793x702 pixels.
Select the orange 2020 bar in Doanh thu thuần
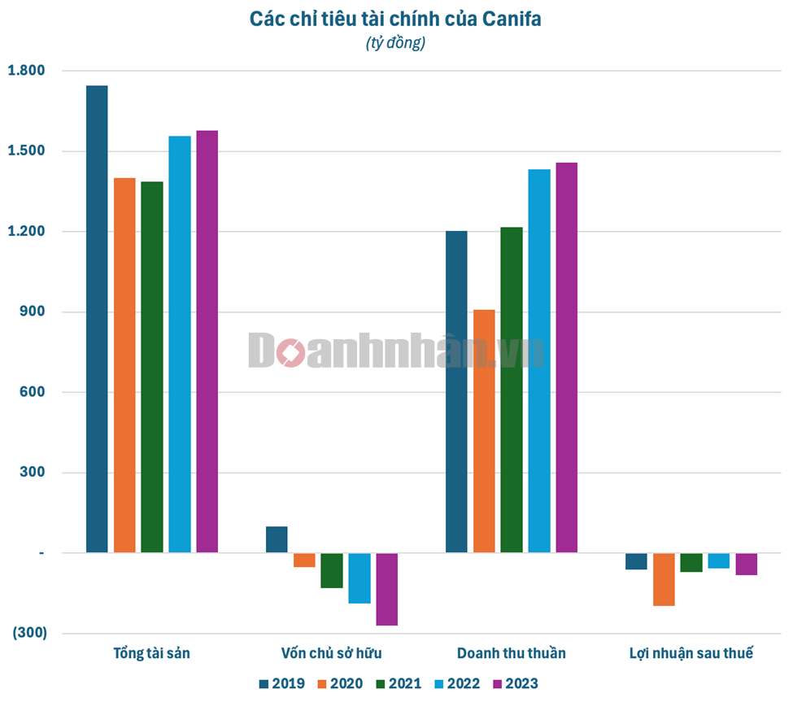(484, 431)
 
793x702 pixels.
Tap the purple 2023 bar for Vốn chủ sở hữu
(386, 589)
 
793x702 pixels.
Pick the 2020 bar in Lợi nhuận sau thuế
(664, 579)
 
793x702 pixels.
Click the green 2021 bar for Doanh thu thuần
(512, 390)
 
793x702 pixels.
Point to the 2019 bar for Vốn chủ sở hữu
(277, 539)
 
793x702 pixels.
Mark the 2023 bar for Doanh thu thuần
(566, 358)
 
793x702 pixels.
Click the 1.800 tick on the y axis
(26, 71)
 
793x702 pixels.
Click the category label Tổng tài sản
(152, 653)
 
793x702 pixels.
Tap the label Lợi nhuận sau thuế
(691, 653)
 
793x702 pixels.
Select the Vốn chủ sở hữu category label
(331, 653)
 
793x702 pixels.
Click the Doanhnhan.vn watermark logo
(396, 351)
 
